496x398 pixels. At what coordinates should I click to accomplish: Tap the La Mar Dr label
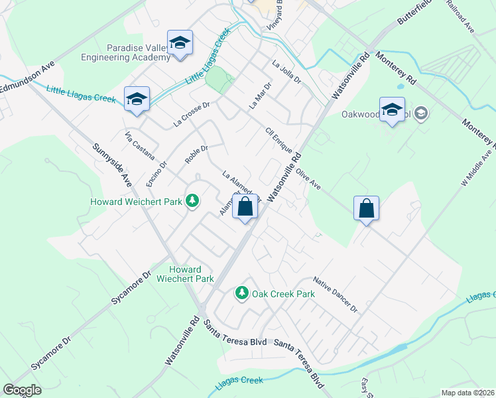click(260, 96)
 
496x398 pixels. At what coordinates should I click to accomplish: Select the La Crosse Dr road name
click(192, 113)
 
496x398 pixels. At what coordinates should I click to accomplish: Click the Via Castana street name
click(139, 145)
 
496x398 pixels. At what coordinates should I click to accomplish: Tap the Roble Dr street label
click(196, 155)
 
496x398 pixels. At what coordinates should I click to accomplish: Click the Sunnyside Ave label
click(112, 163)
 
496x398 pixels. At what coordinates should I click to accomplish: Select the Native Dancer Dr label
click(335, 295)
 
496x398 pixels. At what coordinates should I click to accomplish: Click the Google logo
click(22, 390)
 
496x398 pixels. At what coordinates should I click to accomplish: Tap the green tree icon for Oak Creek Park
click(242, 293)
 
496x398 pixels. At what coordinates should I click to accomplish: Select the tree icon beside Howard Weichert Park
click(192, 200)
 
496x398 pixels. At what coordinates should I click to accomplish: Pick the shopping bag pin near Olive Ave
click(366, 209)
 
